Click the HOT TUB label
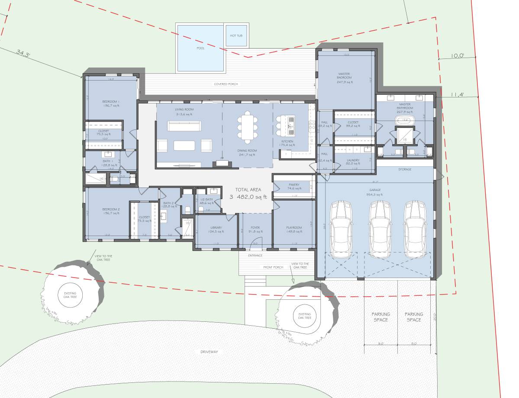point(236,36)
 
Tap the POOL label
point(200,48)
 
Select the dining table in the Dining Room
point(247,127)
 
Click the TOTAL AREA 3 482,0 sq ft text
point(248,193)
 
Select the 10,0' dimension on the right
point(457,55)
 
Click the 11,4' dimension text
point(457,94)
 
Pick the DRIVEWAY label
point(209,352)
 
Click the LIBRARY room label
point(216,228)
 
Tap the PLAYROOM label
point(294,228)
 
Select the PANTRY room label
point(293,185)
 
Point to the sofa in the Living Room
point(184,126)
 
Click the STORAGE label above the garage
point(405,169)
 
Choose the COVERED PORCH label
point(226,84)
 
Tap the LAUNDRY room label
point(353,160)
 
